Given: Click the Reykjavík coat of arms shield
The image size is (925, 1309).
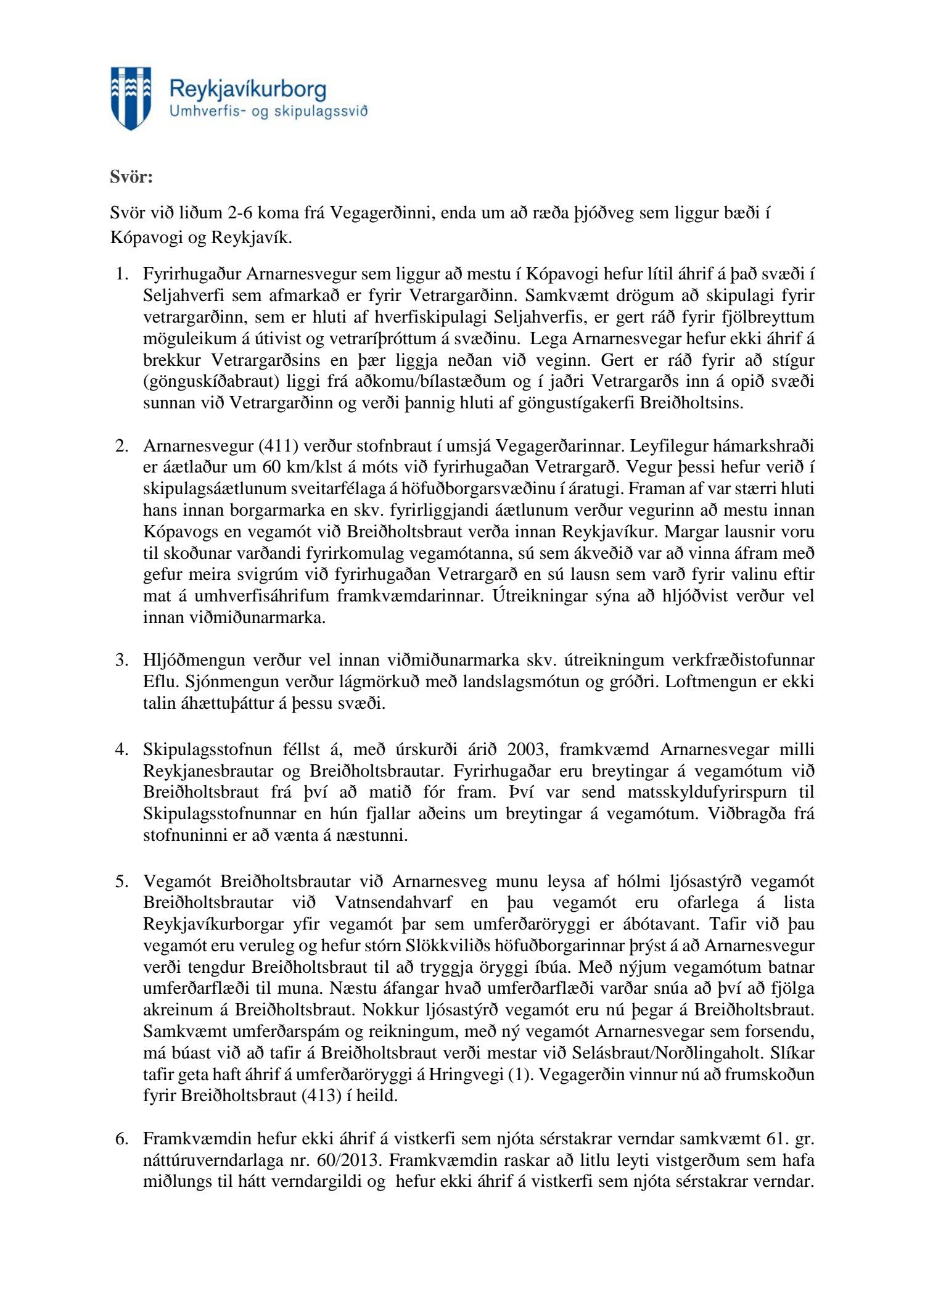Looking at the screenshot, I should [x=131, y=97].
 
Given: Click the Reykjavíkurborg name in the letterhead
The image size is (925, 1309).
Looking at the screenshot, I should [x=247, y=90].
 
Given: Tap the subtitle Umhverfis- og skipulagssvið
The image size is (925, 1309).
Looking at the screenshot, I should [x=268, y=112].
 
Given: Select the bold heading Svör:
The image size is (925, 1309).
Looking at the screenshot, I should [x=131, y=177].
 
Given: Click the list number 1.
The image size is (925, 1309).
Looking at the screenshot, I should [x=121, y=274].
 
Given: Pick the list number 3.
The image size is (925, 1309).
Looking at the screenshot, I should [x=121, y=660].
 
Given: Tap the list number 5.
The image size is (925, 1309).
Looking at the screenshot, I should [x=121, y=881].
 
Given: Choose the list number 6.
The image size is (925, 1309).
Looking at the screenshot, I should [x=121, y=1138].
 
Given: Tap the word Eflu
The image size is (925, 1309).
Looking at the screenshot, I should [x=159, y=682].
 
